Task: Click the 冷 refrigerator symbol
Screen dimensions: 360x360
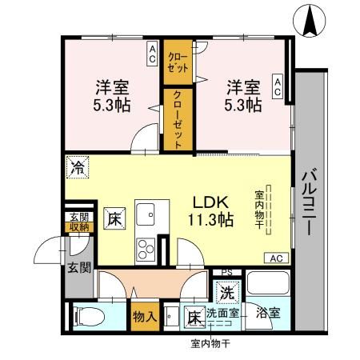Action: click(78, 167)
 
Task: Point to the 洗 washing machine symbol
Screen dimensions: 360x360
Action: click(226, 293)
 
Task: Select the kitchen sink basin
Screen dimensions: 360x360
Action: click(146, 214)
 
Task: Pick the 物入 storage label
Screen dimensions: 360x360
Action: click(144, 315)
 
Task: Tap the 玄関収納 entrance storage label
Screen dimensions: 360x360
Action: click(78, 222)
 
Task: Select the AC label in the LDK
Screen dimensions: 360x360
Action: click(275, 258)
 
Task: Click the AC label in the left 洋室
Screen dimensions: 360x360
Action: click(151, 55)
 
